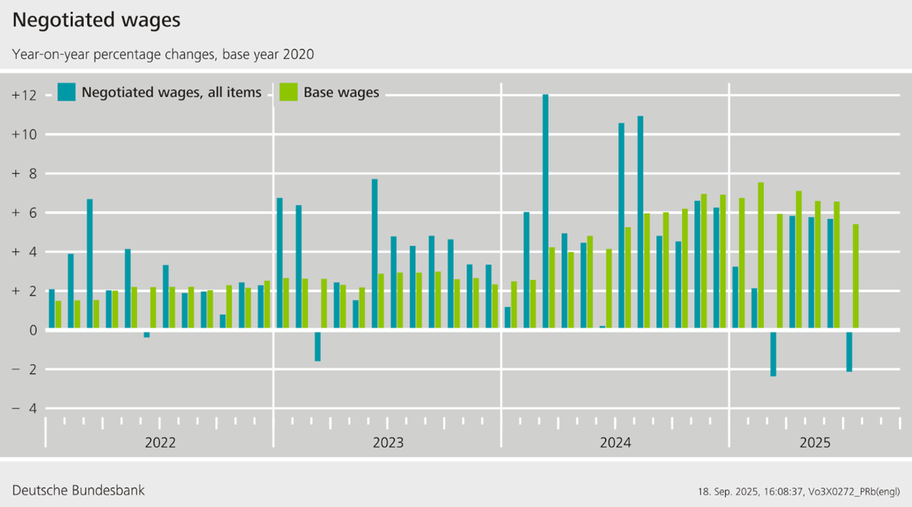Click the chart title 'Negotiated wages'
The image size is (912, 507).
tap(96, 21)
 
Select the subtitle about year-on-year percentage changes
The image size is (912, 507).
tap(163, 54)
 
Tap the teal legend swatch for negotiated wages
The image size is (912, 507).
tap(67, 92)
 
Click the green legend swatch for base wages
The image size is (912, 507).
tap(288, 92)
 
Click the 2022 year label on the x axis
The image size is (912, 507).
tap(160, 442)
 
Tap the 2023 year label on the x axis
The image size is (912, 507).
tap(388, 442)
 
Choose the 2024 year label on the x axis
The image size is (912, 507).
tap(615, 442)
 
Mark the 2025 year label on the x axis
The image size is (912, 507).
tap(815, 442)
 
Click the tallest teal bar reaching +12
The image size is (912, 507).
tap(545, 212)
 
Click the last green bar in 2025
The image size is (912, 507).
tap(855, 277)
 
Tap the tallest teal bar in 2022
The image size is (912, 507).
tap(89, 264)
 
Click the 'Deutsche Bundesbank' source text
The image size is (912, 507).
tap(78, 490)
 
